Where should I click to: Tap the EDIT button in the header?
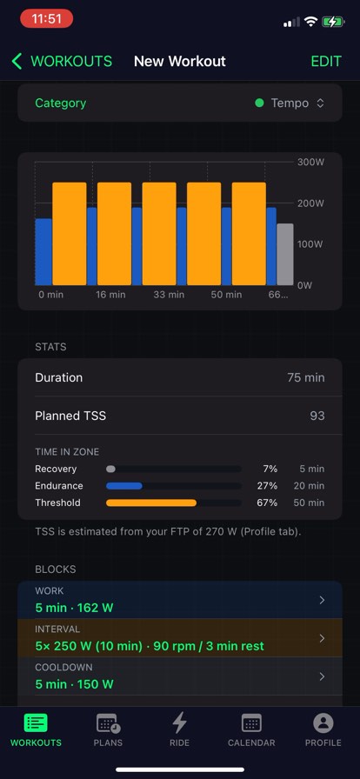coord(326,61)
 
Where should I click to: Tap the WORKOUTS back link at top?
coord(62,61)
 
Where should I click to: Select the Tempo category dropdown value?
coord(290,103)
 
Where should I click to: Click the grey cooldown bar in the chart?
coord(285,255)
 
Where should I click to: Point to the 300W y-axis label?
coord(310,163)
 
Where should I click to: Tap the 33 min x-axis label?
coord(169,295)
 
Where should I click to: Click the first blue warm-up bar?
coord(43,252)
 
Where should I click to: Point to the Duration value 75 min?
coord(306,377)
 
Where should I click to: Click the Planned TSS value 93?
coord(317,416)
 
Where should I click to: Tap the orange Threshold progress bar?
coord(151,503)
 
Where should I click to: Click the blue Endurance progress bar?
coord(123,486)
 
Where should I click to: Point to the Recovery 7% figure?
coord(270,469)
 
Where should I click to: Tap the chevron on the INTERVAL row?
coord(322,638)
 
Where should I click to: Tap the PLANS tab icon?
coord(108,723)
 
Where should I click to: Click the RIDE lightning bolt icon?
coord(179,722)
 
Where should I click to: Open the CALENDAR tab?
coord(251,730)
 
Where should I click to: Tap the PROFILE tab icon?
coord(323,723)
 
